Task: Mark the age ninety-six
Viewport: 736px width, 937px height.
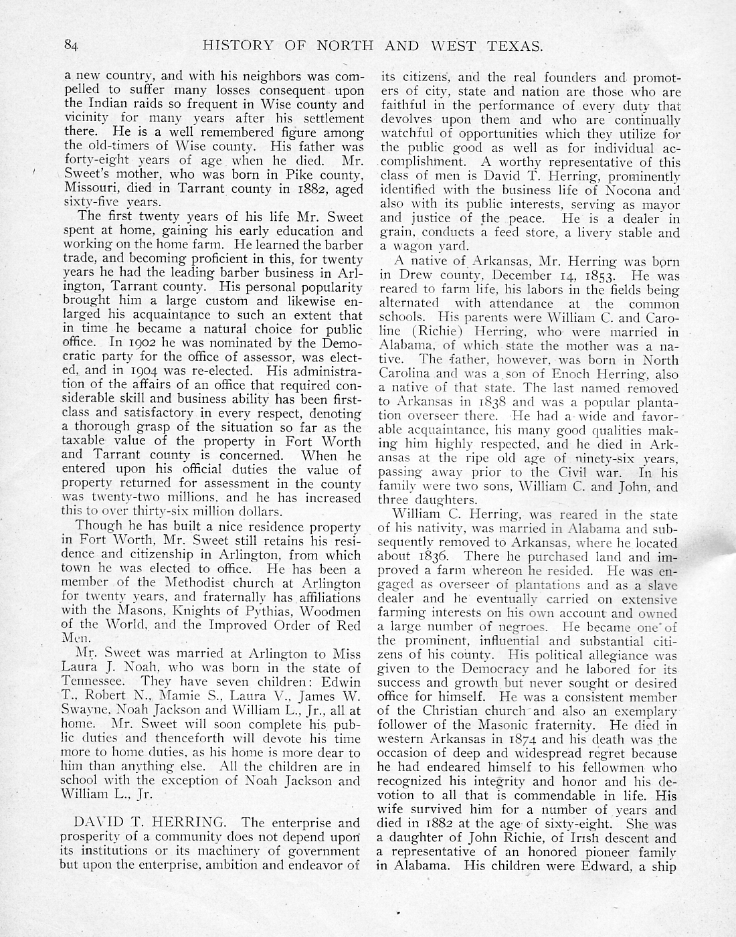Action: coord(604,458)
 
